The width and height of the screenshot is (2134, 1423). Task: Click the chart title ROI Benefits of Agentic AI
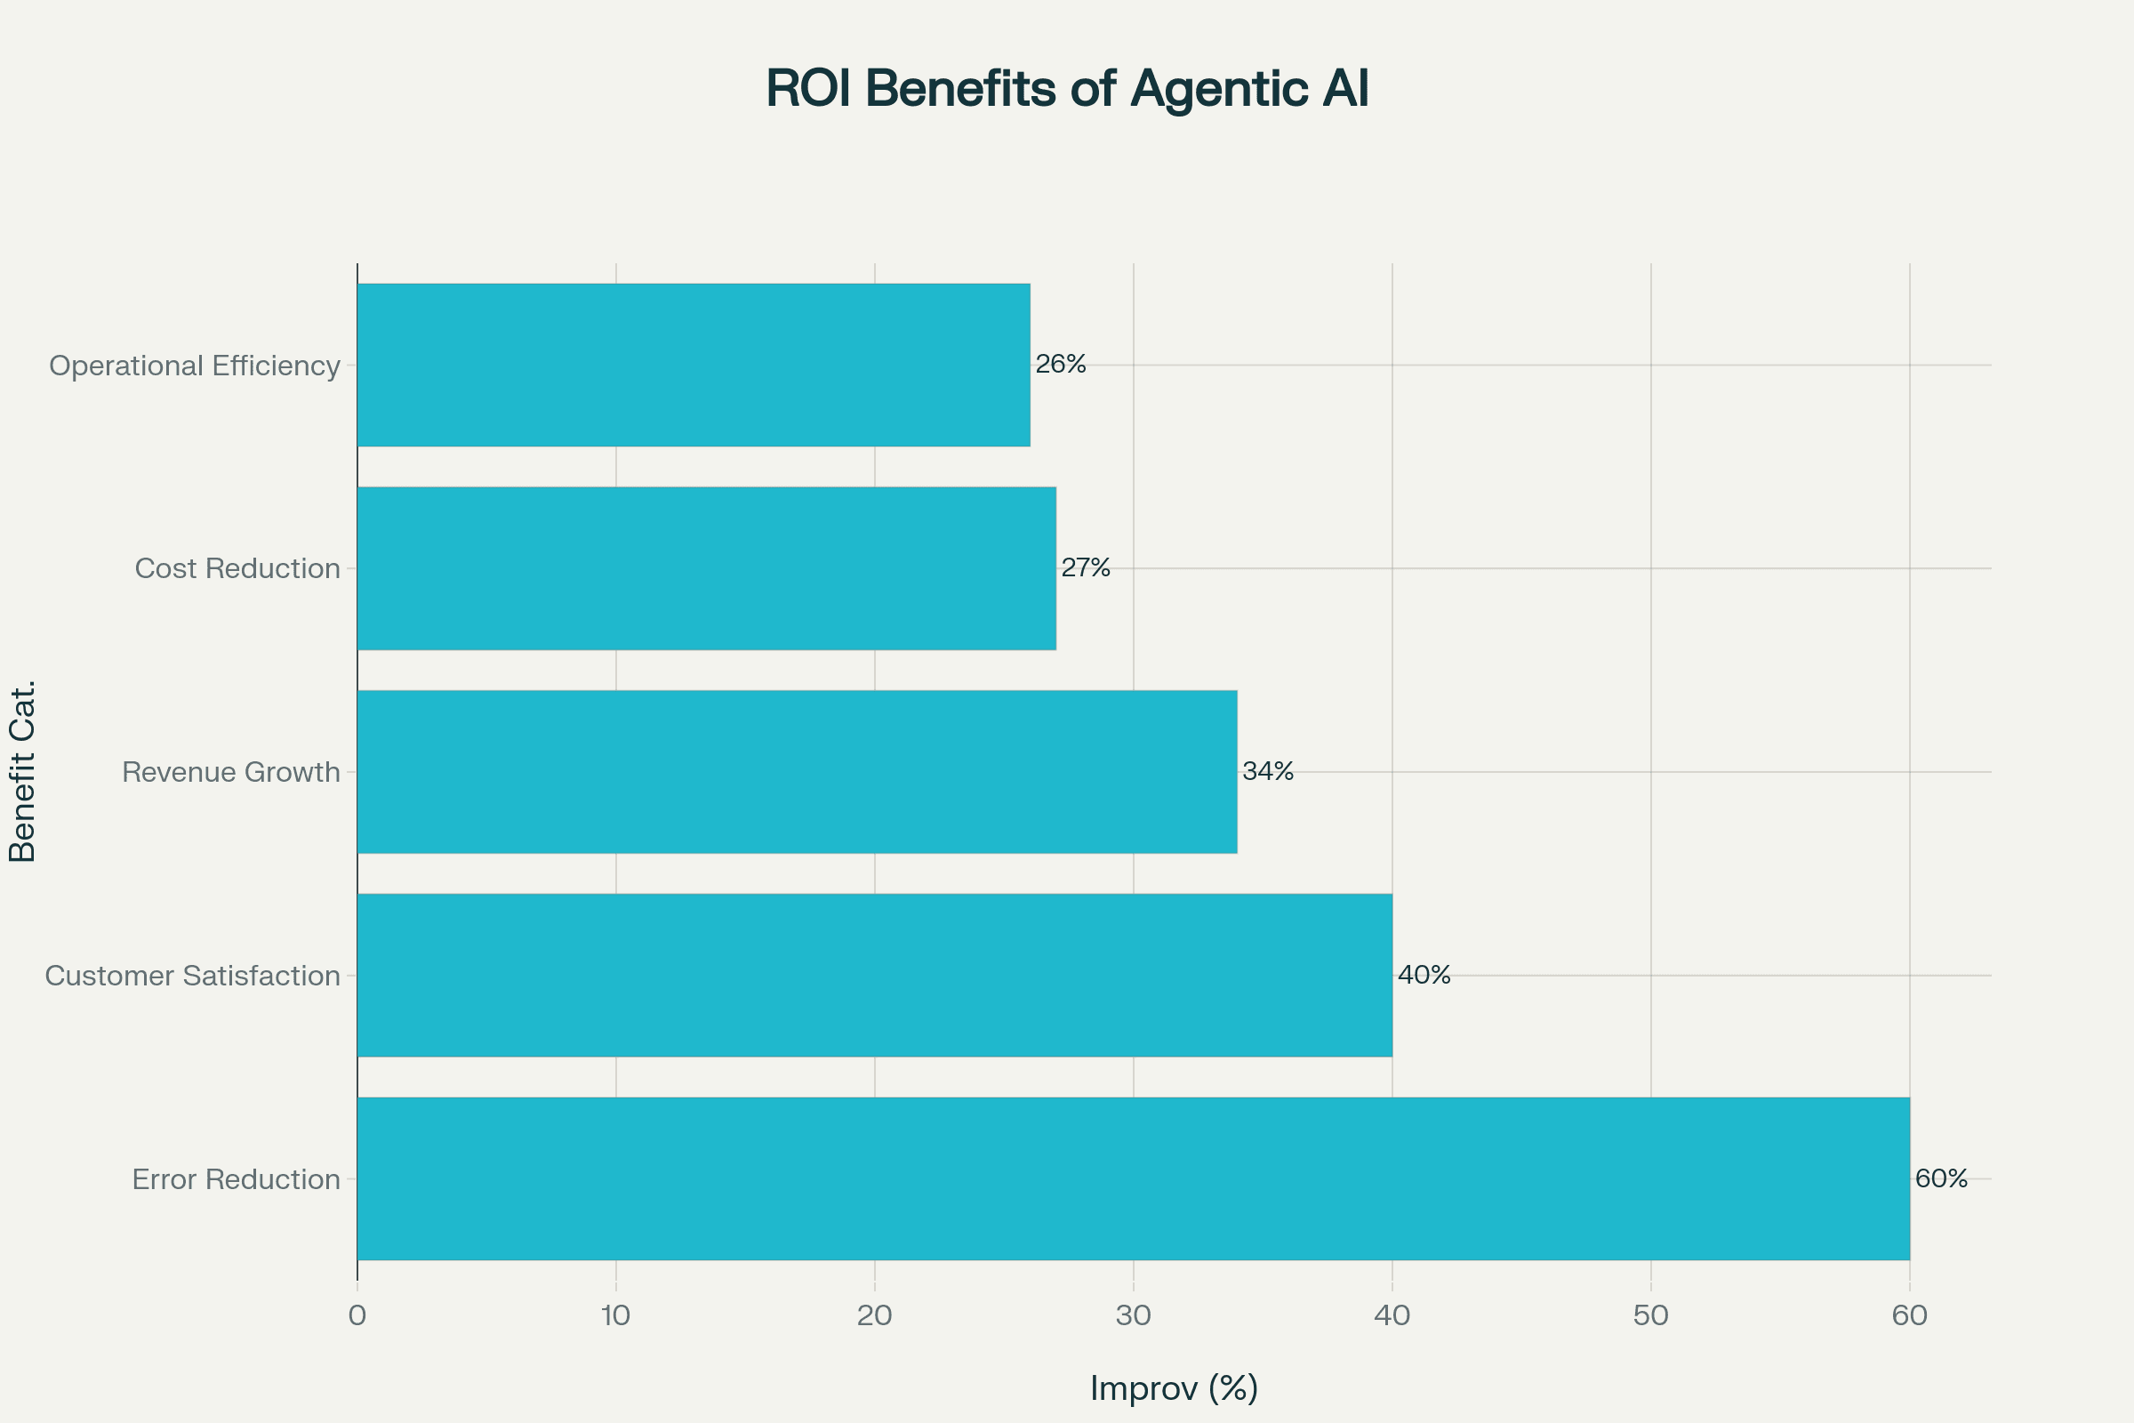point(1067,89)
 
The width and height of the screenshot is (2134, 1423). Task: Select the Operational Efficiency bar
point(694,365)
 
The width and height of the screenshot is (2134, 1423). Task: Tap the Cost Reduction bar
point(706,568)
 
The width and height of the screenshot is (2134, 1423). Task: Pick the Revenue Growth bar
point(797,771)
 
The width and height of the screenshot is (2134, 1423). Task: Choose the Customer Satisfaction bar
point(875,975)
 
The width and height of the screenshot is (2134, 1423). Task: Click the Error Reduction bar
point(1133,1178)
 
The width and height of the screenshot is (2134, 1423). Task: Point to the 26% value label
point(1061,364)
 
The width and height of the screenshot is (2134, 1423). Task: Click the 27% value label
point(1086,567)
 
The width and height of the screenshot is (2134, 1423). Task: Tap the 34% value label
point(1268,770)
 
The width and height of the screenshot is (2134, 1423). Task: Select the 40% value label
point(1424,975)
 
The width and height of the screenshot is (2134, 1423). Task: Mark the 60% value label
point(1942,1178)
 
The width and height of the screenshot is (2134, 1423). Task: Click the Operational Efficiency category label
point(194,366)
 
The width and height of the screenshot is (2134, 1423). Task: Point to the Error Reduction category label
point(236,1179)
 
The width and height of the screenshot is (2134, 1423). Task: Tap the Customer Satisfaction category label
point(192,976)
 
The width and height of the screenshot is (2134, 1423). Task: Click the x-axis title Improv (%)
point(1174,1387)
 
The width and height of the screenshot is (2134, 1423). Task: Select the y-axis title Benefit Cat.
point(21,770)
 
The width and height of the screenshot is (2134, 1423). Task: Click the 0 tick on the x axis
point(357,1316)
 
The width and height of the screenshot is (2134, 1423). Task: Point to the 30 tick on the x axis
point(1133,1316)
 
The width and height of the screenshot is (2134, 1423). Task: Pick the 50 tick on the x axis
point(1650,1316)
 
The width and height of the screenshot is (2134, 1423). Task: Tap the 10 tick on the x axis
point(615,1316)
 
